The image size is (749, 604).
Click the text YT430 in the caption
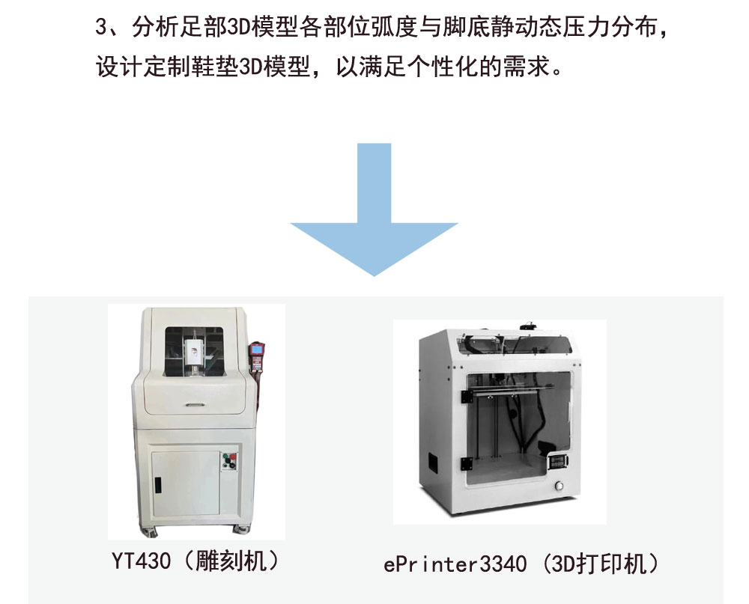[x=139, y=561]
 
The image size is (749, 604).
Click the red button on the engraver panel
[x=231, y=460]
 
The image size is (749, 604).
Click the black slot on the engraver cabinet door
[x=158, y=484]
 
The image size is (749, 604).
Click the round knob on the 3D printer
[x=558, y=487]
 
